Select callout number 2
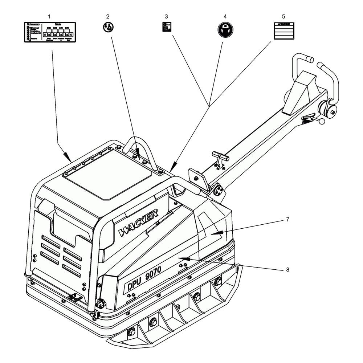pos(107,17)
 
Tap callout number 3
pos(166,17)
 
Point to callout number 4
pos(225,17)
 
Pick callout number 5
pos(284,17)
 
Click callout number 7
pos(287,220)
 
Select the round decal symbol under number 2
pos(107,27)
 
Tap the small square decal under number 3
pos(167,27)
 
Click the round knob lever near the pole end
pos(322,123)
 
